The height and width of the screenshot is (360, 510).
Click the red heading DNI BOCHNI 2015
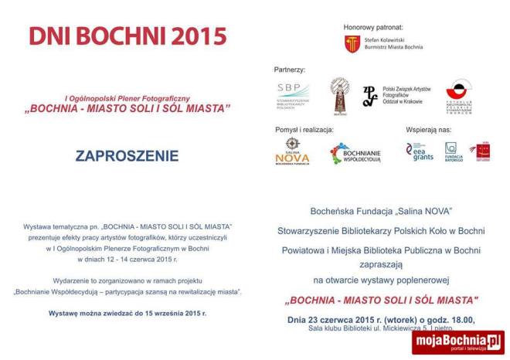tap(128, 36)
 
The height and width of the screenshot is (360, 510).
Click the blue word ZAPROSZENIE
tap(127, 156)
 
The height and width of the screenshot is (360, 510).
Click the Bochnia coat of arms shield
tap(352, 44)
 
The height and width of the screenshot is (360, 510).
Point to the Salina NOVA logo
tap(292, 151)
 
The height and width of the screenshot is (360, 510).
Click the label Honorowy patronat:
tap(374, 27)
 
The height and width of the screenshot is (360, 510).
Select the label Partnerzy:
tap(290, 70)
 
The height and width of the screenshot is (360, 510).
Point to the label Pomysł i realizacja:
tap(304, 129)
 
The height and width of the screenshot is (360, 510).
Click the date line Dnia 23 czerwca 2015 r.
tap(381, 318)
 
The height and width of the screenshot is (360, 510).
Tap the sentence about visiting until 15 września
tap(127, 314)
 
